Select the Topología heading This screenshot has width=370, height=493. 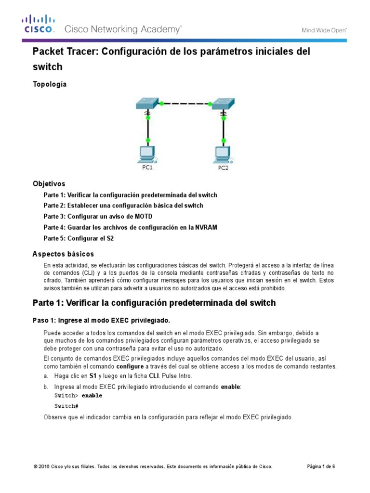50,84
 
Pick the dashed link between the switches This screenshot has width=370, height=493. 186,103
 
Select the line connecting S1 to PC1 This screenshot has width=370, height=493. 148,128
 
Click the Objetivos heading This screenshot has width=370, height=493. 49,184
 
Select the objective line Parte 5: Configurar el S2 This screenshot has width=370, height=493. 79,238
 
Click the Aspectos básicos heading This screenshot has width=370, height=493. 63,254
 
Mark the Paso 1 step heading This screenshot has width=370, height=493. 101,321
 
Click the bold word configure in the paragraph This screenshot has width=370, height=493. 130,366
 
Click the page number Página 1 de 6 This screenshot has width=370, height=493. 321,467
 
